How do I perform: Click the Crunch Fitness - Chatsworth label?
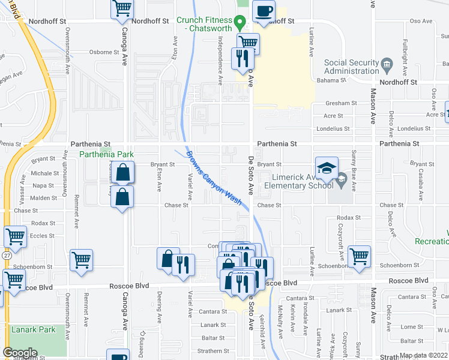pyautogui.click(x=203, y=24)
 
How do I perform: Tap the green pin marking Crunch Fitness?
pyautogui.click(x=240, y=25)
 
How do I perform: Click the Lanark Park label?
pyautogui.click(x=33, y=329)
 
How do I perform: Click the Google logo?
pyautogui.click(x=20, y=353)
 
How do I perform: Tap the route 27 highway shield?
pyautogui.click(x=5, y=255)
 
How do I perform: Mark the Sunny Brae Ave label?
pyautogui.click(x=354, y=171)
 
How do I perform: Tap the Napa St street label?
pyautogui.click(x=43, y=185)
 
